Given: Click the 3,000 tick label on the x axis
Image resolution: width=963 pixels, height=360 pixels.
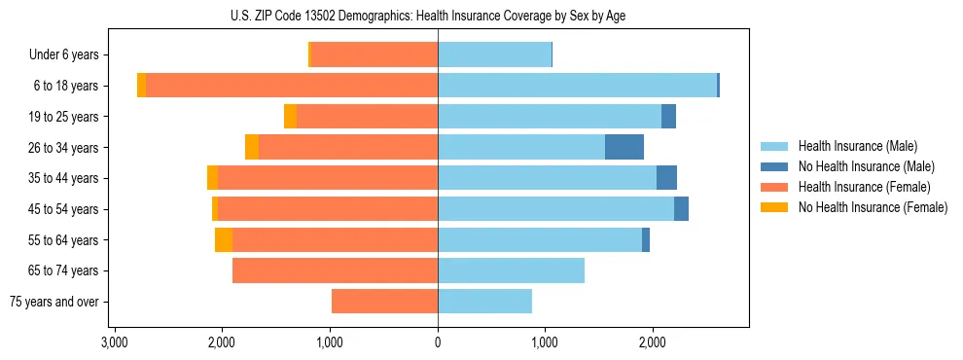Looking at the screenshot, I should click(x=115, y=342).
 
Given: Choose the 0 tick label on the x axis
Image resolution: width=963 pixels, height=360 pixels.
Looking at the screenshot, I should click(x=438, y=342).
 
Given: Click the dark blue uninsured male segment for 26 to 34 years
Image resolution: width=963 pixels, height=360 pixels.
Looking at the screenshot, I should click(x=624, y=148).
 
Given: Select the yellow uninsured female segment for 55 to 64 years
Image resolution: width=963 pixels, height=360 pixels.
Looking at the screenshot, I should click(x=224, y=240).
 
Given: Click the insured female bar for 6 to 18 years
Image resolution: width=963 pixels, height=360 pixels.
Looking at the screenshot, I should click(x=292, y=86).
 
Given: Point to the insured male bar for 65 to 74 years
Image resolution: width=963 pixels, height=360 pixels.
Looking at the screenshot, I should click(x=511, y=270).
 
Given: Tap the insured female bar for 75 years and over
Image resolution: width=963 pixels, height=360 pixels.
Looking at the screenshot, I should click(x=384, y=302).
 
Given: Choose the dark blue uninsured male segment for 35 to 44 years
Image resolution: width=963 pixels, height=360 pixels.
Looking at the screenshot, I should click(x=666, y=178).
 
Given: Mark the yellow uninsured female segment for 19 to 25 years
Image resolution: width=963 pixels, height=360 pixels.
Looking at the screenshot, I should click(x=290, y=117).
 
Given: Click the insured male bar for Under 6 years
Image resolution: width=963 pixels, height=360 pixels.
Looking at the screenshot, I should click(x=494, y=55).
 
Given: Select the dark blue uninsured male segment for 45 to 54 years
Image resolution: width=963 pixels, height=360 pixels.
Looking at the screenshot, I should click(x=681, y=209).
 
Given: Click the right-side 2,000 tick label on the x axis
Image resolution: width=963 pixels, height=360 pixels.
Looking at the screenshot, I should click(x=653, y=342).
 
